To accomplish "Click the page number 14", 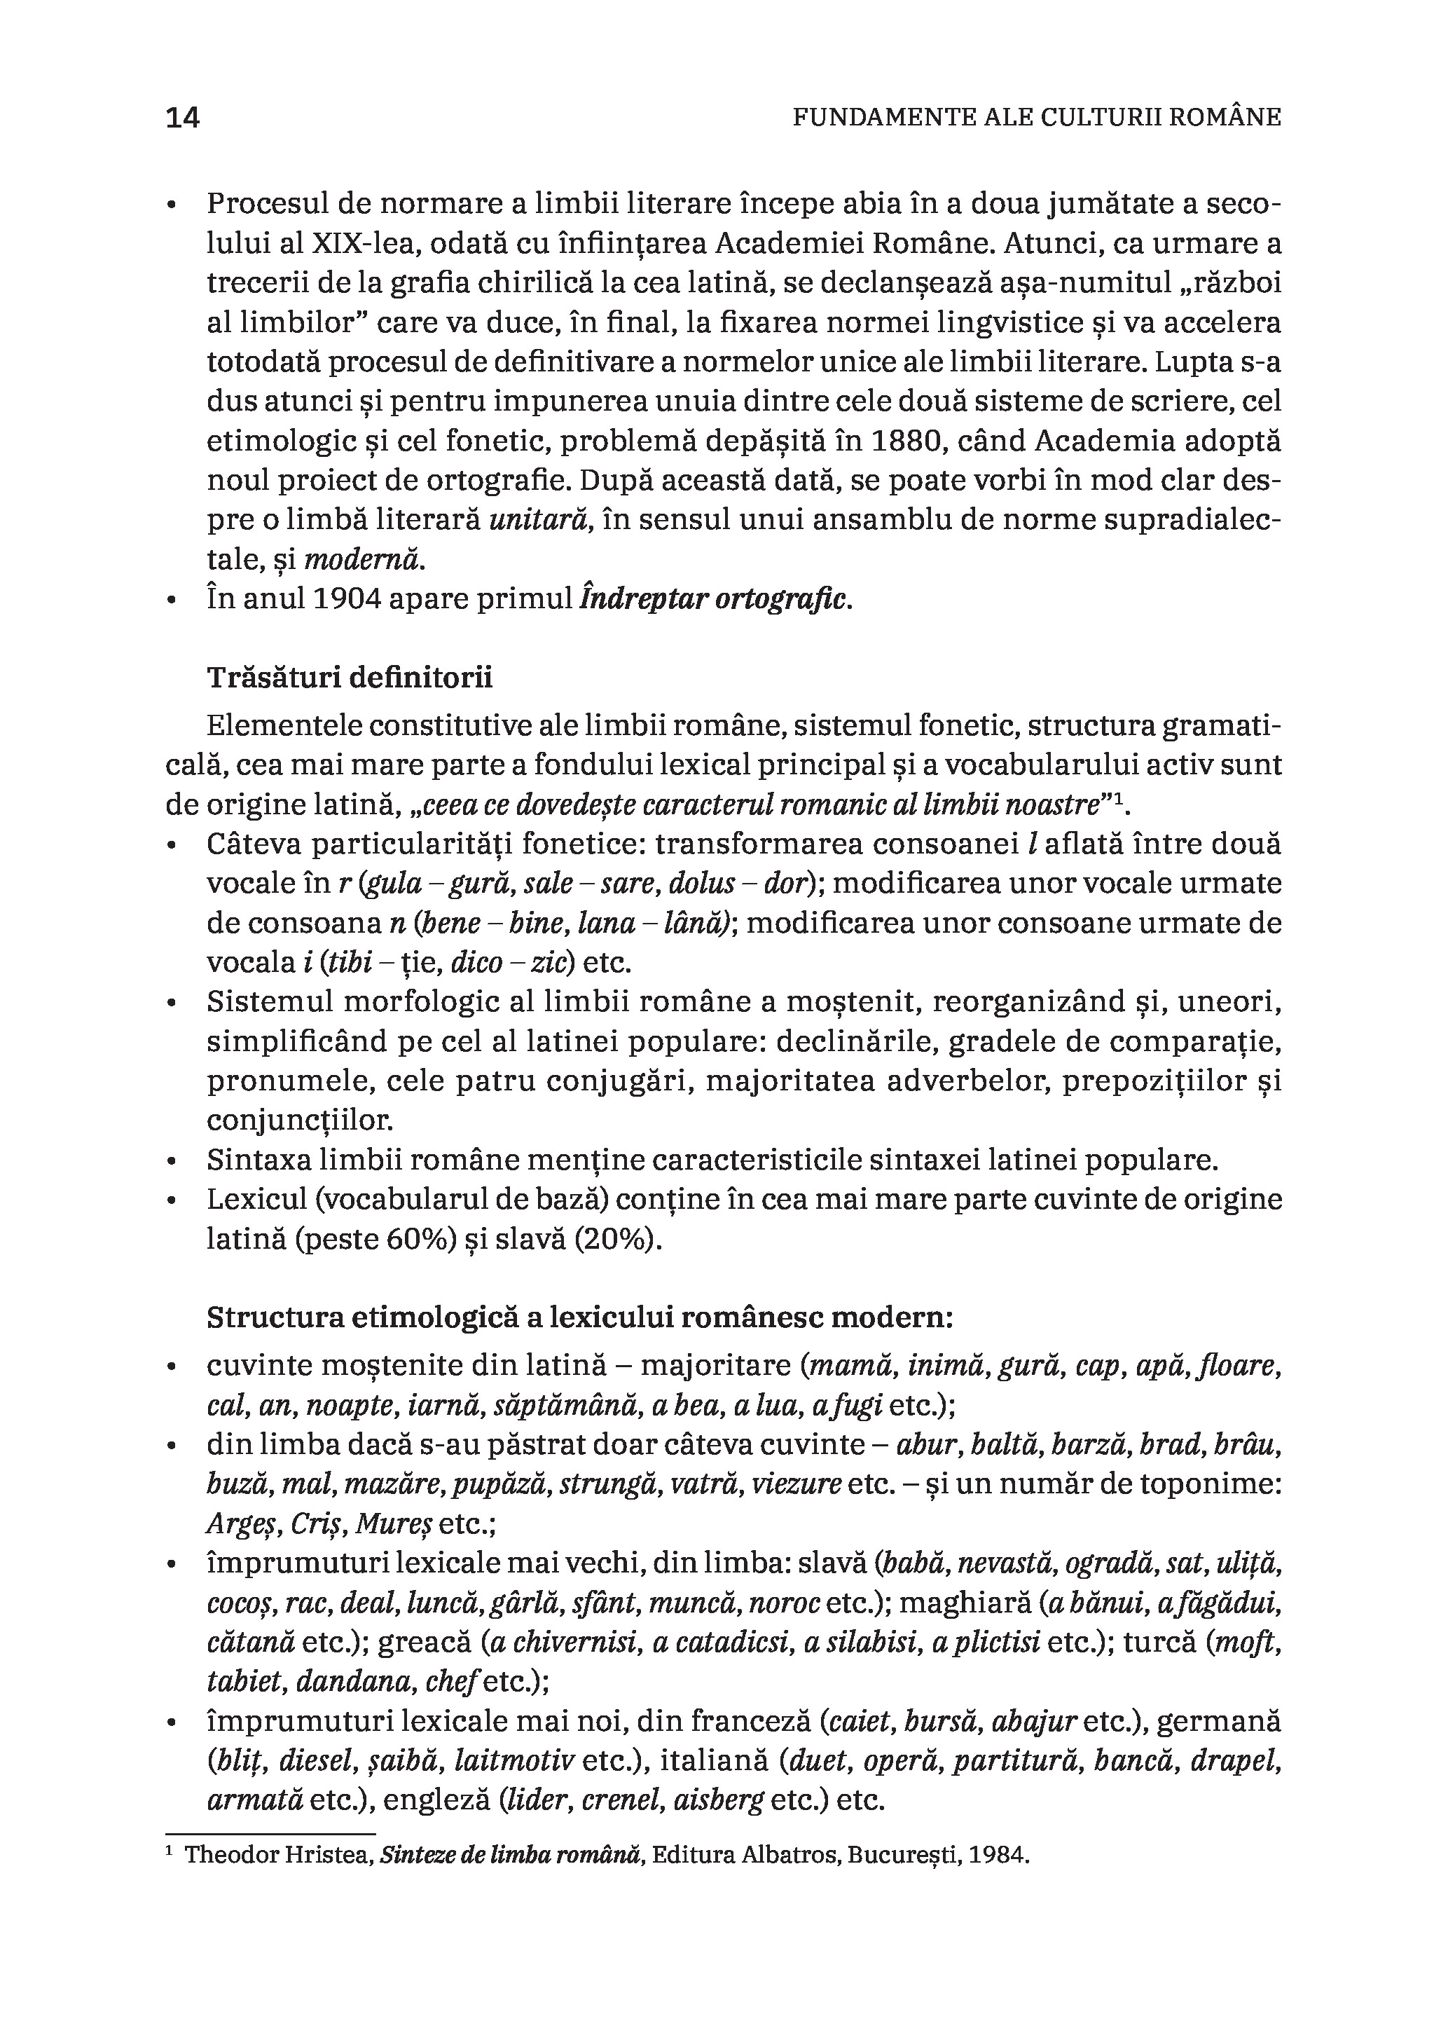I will (x=183, y=117).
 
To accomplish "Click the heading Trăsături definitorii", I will (x=350, y=678).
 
